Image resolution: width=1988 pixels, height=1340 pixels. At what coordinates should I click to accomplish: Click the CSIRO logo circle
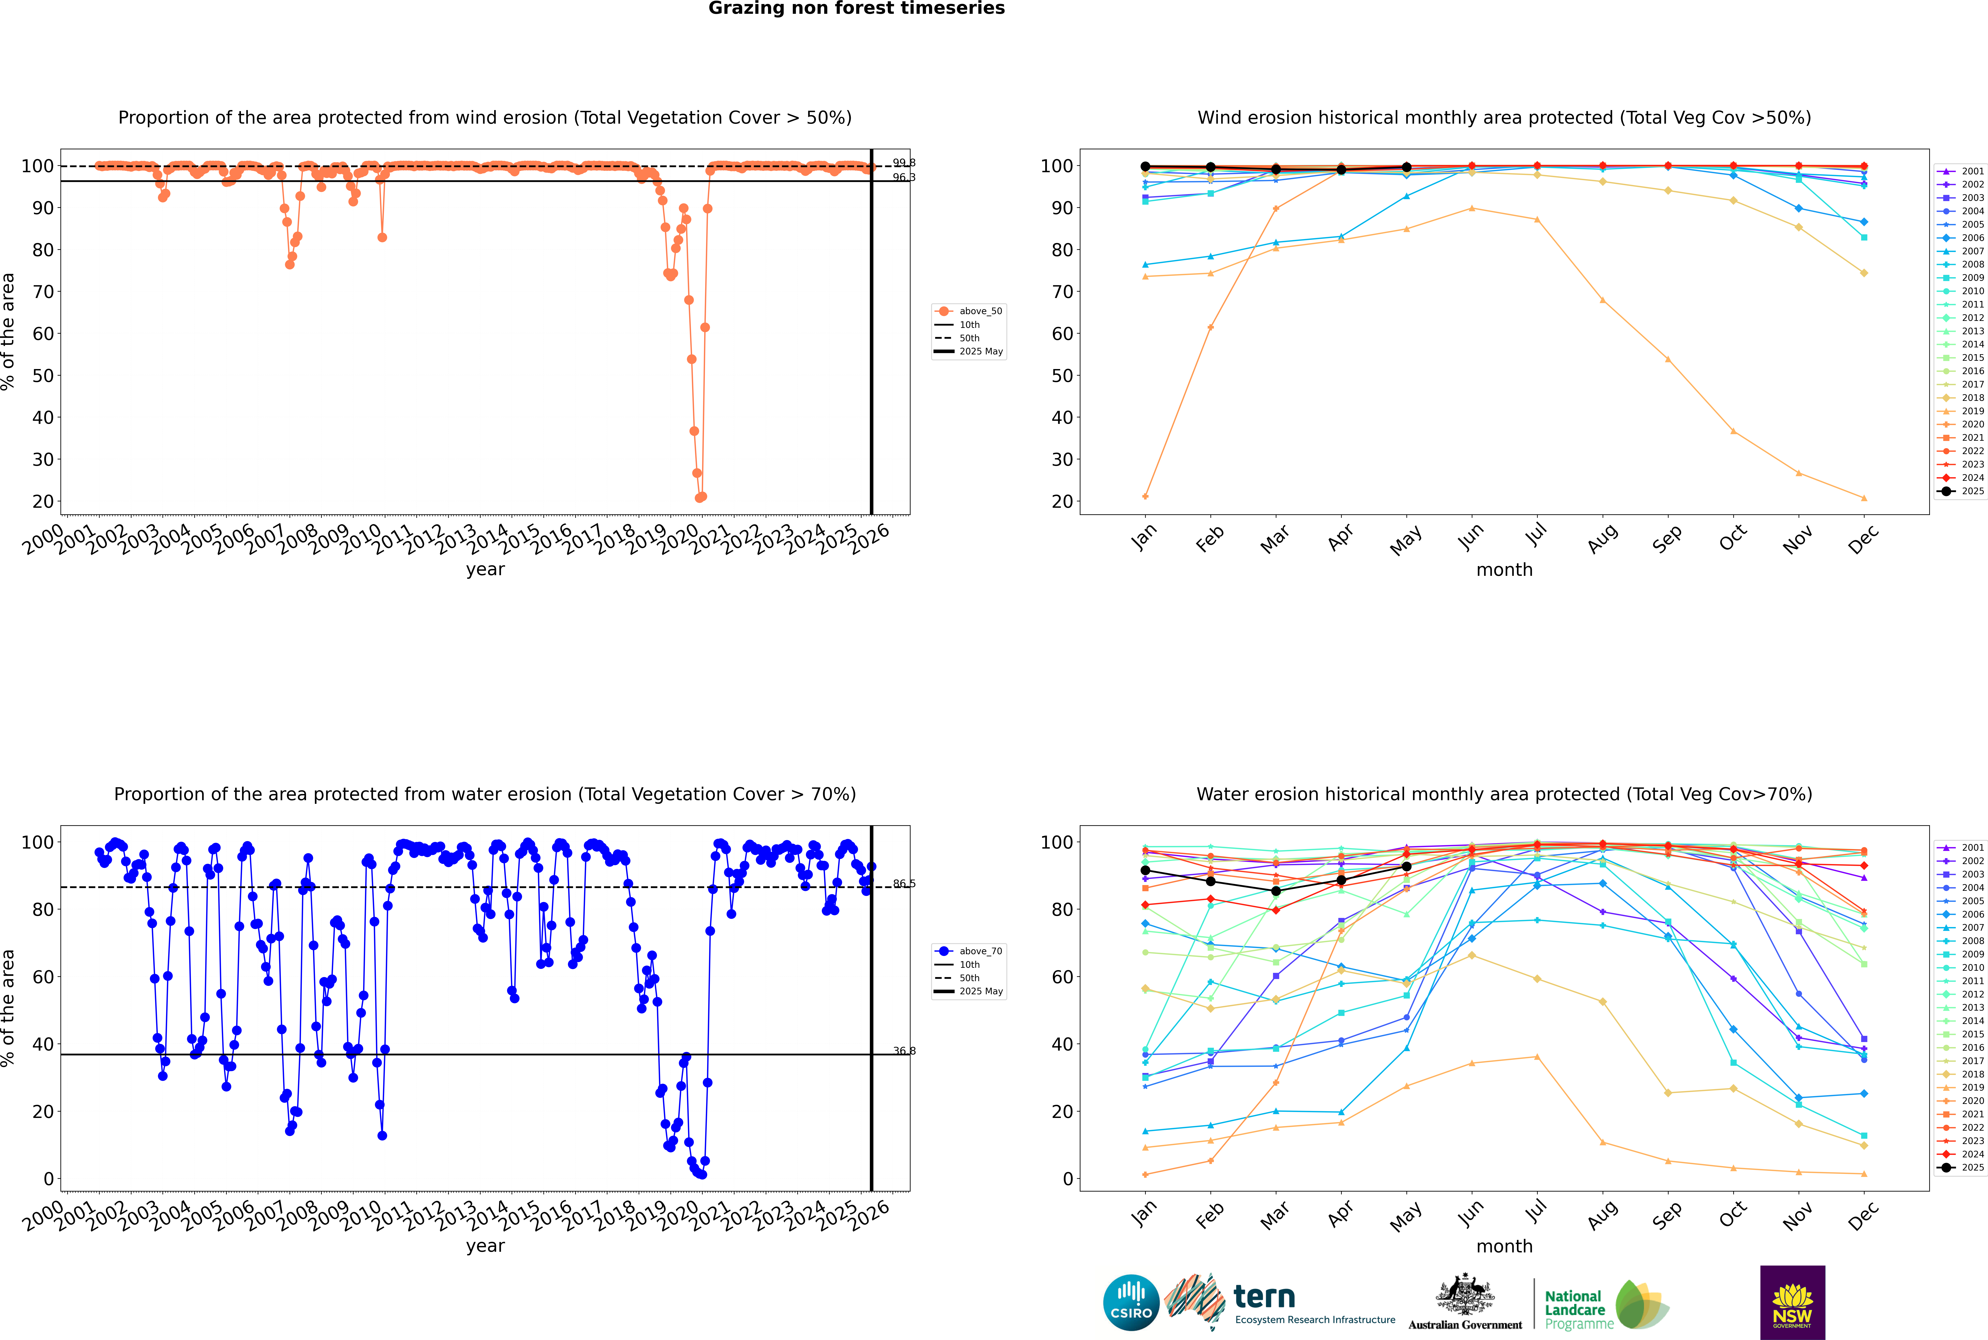pyautogui.click(x=1131, y=1302)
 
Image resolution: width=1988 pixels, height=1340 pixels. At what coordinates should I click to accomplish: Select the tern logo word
pyautogui.click(x=1264, y=1297)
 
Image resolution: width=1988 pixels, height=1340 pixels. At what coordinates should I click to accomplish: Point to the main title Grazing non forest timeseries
pyautogui.click(x=856, y=8)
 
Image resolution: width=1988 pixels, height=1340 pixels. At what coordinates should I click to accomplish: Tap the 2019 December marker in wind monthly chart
pyautogui.click(x=1864, y=498)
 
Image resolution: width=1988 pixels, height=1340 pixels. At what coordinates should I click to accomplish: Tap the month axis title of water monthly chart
pyautogui.click(x=1504, y=1246)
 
